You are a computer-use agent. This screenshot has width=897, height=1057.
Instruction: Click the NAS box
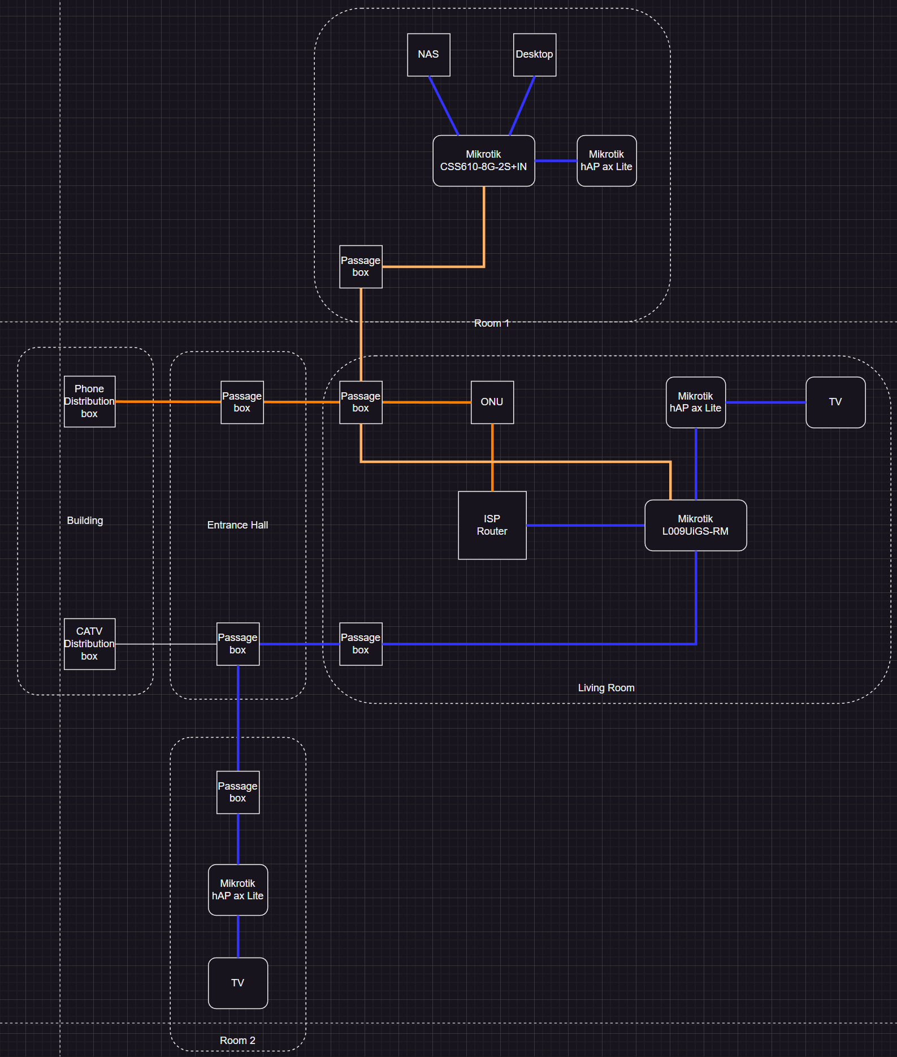[428, 55]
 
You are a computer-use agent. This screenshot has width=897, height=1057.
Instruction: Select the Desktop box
[534, 55]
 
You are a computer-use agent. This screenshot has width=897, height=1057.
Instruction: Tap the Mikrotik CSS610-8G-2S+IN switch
[483, 161]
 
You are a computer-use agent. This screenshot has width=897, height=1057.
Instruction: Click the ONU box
[492, 402]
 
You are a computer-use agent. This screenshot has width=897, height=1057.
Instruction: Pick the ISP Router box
[492, 525]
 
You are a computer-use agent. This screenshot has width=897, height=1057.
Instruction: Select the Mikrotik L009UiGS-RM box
[695, 525]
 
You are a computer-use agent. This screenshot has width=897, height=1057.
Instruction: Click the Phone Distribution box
[89, 401]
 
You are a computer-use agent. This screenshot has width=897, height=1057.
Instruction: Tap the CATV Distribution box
[89, 644]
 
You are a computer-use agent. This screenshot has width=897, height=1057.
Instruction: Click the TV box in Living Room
[835, 402]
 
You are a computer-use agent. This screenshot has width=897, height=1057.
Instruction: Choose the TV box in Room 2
[237, 983]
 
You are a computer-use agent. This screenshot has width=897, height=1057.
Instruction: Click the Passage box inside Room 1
[361, 266]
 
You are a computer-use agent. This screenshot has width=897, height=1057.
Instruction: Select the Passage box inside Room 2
[237, 792]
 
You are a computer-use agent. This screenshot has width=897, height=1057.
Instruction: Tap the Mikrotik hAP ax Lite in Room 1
[606, 161]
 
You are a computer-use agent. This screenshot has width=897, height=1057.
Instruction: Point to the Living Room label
[606, 688]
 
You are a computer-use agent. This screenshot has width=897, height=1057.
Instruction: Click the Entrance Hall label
[237, 525]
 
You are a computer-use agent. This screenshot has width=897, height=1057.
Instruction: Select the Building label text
[85, 521]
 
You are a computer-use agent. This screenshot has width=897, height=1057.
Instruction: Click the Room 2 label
[237, 1041]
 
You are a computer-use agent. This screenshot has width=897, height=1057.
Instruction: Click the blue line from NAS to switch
[444, 106]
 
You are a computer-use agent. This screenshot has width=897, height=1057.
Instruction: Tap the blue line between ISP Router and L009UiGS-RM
[585, 525]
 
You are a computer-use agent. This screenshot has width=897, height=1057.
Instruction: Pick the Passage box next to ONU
[361, 402]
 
